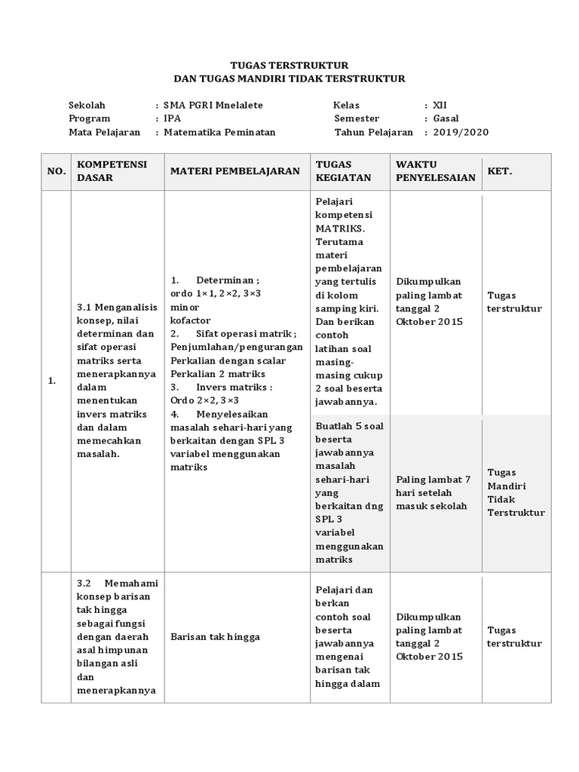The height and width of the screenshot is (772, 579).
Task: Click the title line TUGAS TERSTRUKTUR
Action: [x=289, y=66]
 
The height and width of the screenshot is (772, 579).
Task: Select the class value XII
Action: [x=440, y=106]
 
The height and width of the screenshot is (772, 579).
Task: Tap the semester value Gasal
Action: [x=446, y=118]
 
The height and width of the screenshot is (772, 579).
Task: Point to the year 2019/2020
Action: [x=461, y=132]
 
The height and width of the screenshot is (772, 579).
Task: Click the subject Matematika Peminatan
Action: [x=219, y=132]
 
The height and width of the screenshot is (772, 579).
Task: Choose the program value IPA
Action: [x=172, y=118]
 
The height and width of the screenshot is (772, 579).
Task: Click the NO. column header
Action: [x=57, y=172]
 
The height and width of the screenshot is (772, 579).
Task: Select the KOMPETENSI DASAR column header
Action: [x=112, y=171]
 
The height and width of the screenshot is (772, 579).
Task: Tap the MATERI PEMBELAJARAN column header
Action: [x=235, y=171]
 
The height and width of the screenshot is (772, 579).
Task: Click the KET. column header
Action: [x=500, y=171]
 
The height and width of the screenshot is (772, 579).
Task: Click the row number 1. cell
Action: [x=52, y=381]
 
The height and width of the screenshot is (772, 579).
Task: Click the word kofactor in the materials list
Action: [x=191, y=320]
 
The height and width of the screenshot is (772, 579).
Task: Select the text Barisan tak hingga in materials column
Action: [x=215, y=637]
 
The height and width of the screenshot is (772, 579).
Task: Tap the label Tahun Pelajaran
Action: [x=374, y=132]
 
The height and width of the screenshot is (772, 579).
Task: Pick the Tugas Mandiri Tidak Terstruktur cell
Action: [x=515, y=492]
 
